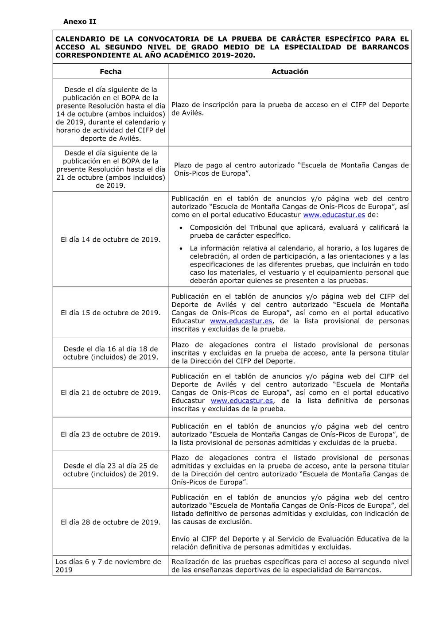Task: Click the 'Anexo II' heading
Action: click(x=80, y=22)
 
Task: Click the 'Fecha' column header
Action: click(x=111, y=72)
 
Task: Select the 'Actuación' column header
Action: click(x=290, y=72)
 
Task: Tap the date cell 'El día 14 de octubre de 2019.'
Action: click(x=111, y=240)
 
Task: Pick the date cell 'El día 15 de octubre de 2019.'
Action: click(x=111, y=313)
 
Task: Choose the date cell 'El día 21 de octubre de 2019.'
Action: click(x=111, y=392)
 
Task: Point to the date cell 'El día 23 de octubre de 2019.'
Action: click(x=111, y=434)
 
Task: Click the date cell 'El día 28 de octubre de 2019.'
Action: click(x=111, y=522)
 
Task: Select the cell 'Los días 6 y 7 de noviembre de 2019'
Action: click(x=108, y=566)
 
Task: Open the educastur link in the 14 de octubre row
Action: click(x=334, y=215)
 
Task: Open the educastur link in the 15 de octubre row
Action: click(x=241, y=321)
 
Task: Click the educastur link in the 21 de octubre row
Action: click(x=242, y=401)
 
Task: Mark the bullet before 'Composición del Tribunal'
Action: click(x=181, y=228)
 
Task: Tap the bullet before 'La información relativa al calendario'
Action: click(x=181, y=249)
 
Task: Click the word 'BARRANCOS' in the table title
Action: click(x=385, y=47)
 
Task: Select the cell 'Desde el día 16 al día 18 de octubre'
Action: click(x=111, y=353)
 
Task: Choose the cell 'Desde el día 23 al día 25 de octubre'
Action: click(x=111, y=470)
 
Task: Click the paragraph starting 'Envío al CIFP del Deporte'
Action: click(x=290, y=543)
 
